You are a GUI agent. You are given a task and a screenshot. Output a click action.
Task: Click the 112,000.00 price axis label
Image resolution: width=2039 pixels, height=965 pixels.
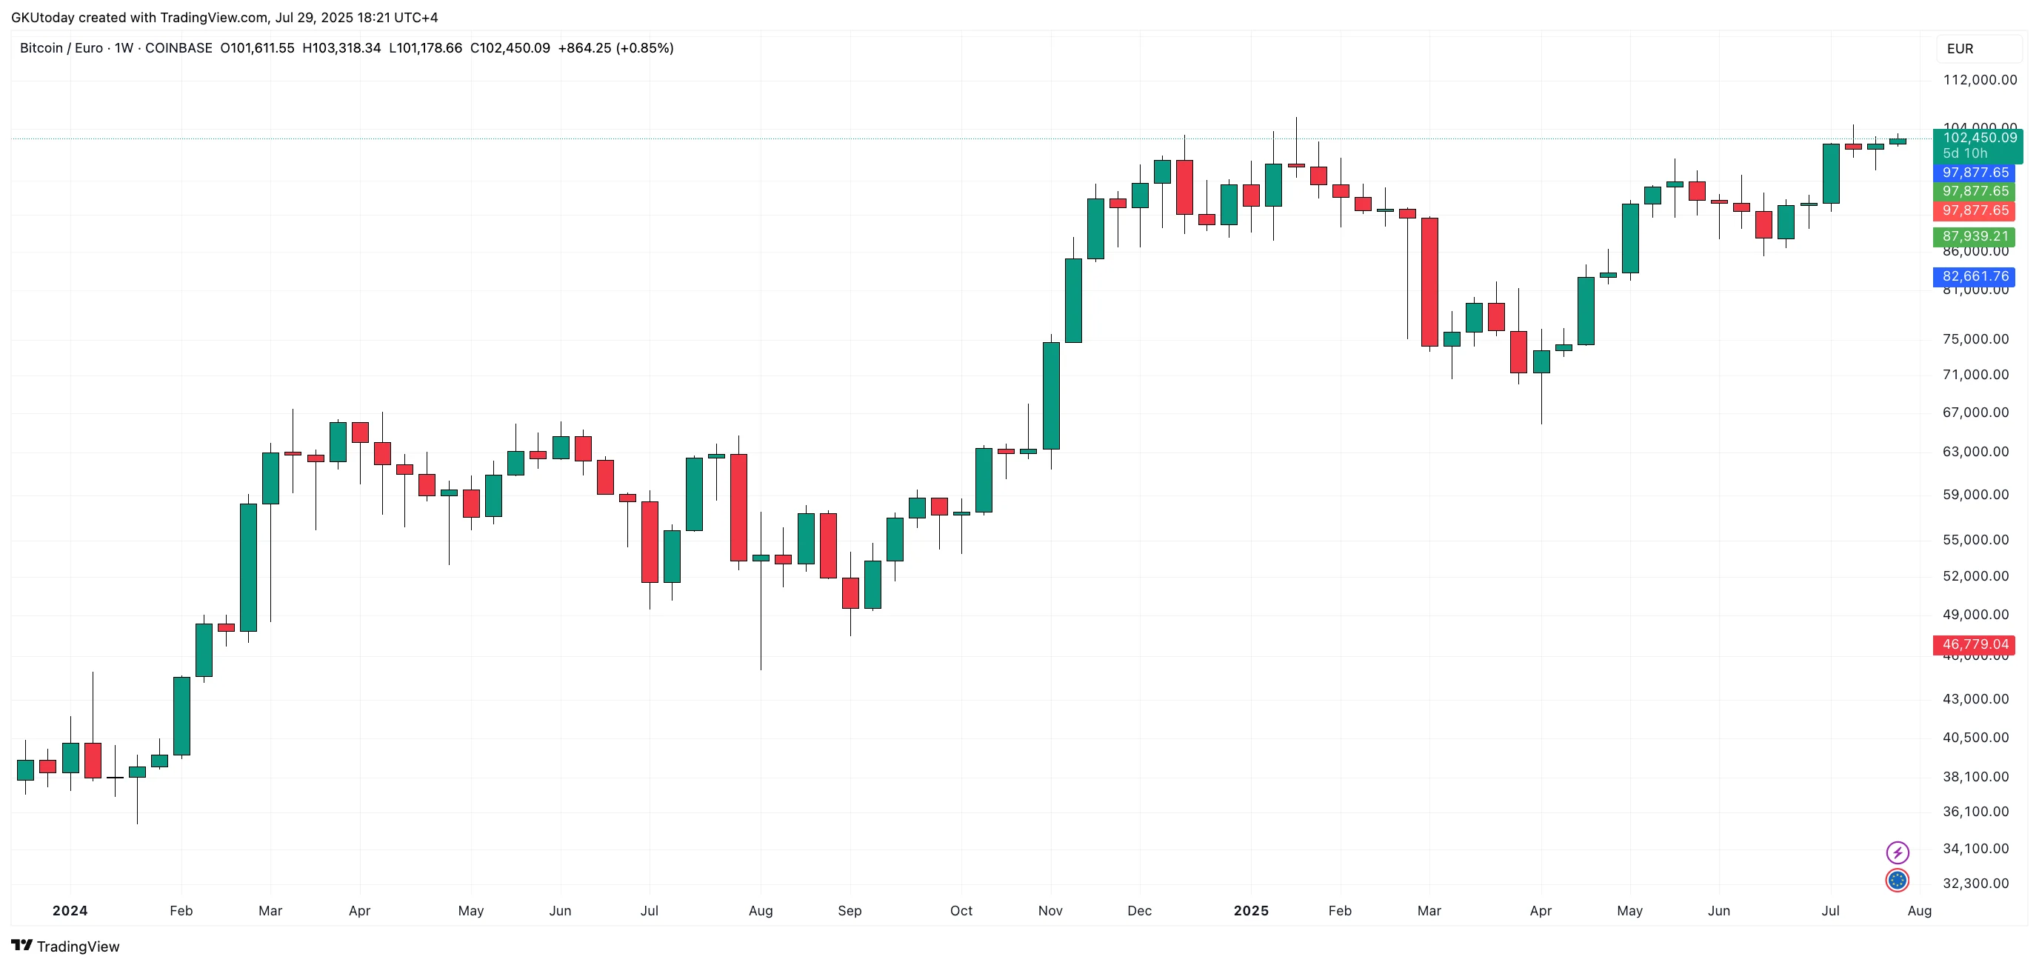1980,80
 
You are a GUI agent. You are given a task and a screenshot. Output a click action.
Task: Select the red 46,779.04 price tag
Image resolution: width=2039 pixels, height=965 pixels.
1975,644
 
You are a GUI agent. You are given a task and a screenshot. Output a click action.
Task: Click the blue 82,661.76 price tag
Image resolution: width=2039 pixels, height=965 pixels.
1975,276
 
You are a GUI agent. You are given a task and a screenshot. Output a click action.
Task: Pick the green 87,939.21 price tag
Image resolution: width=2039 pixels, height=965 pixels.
1975,236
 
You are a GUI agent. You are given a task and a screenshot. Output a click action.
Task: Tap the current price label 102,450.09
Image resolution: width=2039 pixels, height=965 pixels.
1979,138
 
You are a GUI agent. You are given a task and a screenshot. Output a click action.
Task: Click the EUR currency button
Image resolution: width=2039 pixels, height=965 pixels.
1960,49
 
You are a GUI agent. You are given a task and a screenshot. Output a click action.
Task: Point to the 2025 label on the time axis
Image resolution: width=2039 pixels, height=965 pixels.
1251,911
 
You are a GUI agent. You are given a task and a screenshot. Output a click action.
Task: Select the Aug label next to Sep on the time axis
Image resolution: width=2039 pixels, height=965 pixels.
760,911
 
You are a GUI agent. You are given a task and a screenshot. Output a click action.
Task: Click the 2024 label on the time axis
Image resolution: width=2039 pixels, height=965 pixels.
70,911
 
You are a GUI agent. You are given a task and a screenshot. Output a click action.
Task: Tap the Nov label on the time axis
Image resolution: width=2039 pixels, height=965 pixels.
1049,911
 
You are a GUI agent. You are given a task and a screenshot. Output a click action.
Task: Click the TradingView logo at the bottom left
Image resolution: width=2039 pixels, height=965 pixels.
66,946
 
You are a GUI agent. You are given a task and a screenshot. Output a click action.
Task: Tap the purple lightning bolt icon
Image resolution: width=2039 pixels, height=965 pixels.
1898,852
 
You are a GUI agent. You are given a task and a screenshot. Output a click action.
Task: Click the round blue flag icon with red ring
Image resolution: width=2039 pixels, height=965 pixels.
1898,881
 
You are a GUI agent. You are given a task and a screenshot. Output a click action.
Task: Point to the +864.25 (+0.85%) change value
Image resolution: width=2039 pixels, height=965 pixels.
615,48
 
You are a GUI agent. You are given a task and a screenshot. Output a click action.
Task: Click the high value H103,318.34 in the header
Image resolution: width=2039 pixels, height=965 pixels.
341,48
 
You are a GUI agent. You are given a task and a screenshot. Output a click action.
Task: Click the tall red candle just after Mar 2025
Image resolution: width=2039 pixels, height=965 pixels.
1429,282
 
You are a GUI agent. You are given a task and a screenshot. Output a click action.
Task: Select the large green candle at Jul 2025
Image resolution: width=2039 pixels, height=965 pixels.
1831,173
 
